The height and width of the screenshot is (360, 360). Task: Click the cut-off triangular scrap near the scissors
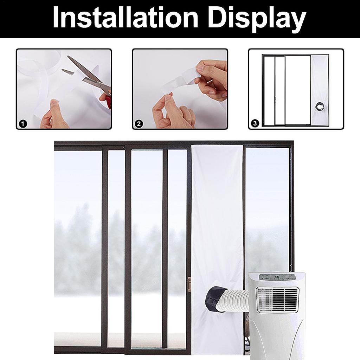(67, 72)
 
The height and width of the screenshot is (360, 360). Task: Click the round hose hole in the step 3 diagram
(320, 105)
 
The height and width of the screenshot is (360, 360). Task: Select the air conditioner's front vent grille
(278, 300)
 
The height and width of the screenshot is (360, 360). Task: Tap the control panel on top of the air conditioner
(277, 277)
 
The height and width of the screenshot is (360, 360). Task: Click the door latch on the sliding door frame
(189, 284)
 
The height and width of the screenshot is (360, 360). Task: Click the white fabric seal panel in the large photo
(217, 218)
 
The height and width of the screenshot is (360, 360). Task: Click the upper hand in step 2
(213, 77)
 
